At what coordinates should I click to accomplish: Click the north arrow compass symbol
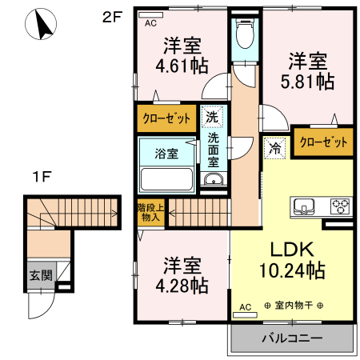pos(41,24)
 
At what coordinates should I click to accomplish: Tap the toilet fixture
pos(245,34)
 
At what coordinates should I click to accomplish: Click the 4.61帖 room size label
pos(182,66)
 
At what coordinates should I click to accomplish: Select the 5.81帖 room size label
pos(307,81)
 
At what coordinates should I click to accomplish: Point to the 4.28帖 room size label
pos(182,286)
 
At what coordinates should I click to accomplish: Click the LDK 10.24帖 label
pos(292,260)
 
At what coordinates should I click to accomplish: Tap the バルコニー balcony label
pos(292,338)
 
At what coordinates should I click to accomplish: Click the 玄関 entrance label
pos(41,275)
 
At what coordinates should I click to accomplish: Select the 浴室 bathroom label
pos(166,154)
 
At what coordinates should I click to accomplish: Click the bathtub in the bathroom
pos(166,179)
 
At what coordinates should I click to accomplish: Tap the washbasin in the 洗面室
pos(214,179)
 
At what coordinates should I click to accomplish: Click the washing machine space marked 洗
pos(212,117)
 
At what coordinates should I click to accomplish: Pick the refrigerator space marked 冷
pos(274,148)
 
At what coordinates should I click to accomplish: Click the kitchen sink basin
pos(304,206)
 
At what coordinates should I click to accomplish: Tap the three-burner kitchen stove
pos(340,206)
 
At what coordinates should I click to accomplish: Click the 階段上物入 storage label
pos(150,212)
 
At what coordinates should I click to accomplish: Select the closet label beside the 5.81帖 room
pos(324,142)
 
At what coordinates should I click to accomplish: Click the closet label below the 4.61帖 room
pos(166,118)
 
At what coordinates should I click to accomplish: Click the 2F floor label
pos(112,18)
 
